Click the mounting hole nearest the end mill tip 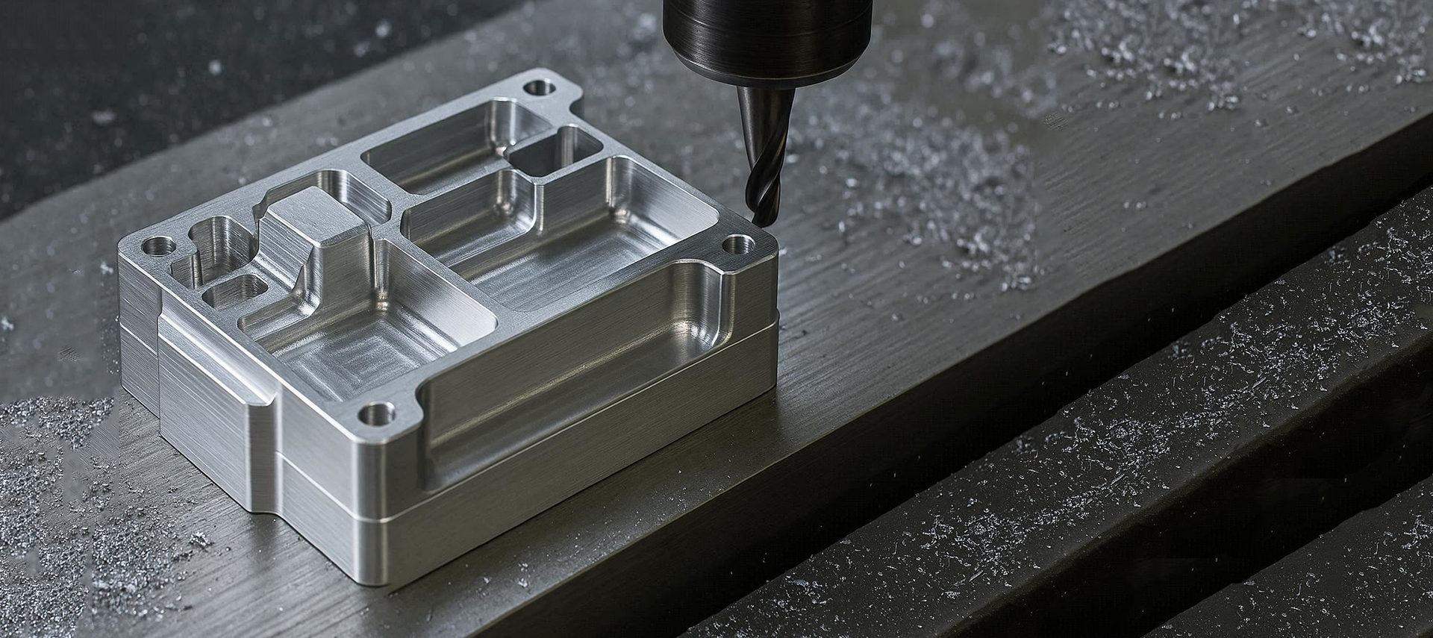[x=737, y=243]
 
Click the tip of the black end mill [x=763, y=221]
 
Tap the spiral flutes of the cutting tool [x=761, y=179]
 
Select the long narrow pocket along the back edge [x=433, y=160]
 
